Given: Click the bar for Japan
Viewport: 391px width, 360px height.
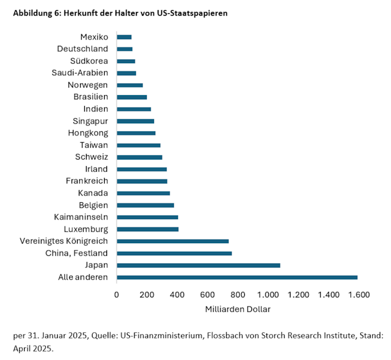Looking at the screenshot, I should (x=199, y=265).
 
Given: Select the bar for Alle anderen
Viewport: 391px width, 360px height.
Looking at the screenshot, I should (x=237, y=277).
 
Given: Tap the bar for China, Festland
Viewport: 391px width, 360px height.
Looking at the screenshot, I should (x=174, y=253).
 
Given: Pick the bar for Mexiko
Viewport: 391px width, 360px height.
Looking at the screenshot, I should (x=124, y=37).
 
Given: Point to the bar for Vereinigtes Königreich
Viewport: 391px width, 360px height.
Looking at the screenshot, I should (x=173, y=241).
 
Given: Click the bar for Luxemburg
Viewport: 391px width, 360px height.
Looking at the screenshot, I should (x=147, y=229).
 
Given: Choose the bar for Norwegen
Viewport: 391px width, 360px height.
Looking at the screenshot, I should (x=129, y=85).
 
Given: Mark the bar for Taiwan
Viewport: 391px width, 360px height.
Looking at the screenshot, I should (x=138, y=145).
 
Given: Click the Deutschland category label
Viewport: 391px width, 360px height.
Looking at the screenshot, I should (x=82, y=49).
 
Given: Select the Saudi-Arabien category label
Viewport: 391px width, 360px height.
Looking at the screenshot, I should (x=80, y=73).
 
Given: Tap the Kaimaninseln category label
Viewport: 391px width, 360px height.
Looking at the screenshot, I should (x=81, y=217).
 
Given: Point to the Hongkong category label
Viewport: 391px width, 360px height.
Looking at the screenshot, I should (x=88, y=133).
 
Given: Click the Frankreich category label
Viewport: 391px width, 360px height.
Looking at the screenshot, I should (x=87, y=181).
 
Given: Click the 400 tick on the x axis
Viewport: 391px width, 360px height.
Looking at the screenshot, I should (x=177, y=295).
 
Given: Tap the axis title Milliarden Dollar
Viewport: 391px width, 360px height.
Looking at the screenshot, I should (x=237, y=309).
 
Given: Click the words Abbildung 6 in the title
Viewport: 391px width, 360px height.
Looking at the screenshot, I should (x=37, y=13).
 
